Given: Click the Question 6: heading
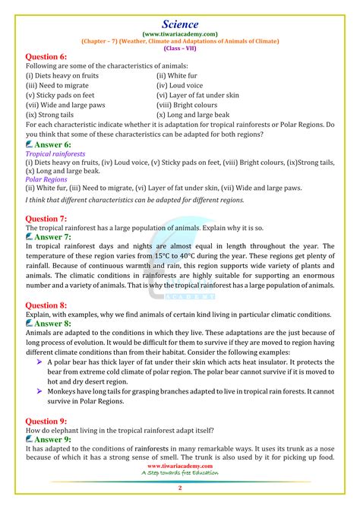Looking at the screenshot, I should click(46, 57).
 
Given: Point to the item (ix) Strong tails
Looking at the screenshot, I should click(49, 114).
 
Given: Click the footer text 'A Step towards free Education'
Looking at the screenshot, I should click(180, 473).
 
